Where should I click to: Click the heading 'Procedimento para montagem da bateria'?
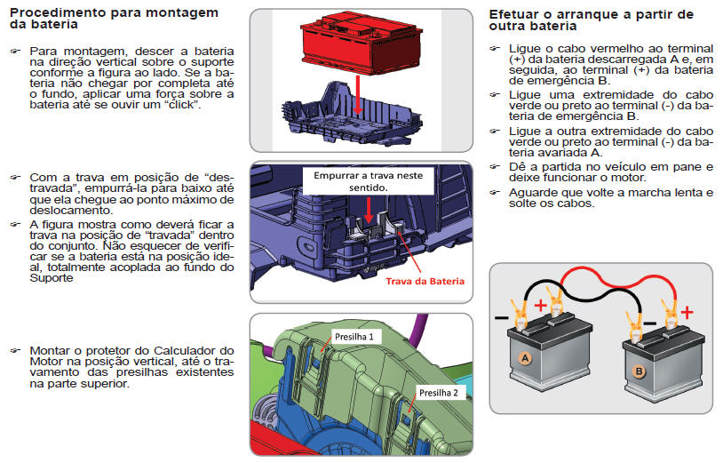pyautogui.click(x=114, y=19)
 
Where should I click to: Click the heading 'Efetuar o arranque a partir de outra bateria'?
pyautogui.click(x=592, y=20)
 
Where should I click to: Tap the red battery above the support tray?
pyautogui.click(x=361, y=43)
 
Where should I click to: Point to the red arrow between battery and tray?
pyautogui.click(x=357, y=95)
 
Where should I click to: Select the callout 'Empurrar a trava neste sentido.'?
pyautogui.click(x=368, y=181)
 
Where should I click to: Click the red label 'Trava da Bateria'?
pyautogui.click(x=425, y=282)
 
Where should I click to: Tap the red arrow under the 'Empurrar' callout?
pyautogui.click(x=369, y=210)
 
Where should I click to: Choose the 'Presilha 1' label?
pyautogui.click(x=354, y=337)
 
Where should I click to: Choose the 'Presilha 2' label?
pyautogui.click(x=439, y=393)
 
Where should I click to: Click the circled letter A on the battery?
pyautogui.click(x=525, y=358)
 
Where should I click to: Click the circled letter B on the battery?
pyautogui.click(x=640, y=371)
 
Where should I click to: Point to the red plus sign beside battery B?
pyautogui.click(x=687, y=313)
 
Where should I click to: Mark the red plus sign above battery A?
pyautogui.click(x=540, y=306)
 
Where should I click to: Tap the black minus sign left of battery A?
pyautogui.click(x=501, y=318)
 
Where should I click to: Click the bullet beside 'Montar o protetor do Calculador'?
pyautogui.click(x=15, y=351)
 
